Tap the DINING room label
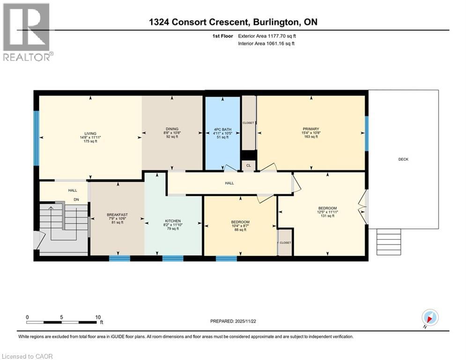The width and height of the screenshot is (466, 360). coord(172,129)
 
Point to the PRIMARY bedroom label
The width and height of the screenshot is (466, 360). coord(311,129)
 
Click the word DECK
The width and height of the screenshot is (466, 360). coord(403,159)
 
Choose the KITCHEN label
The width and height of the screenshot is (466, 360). coord(172,221)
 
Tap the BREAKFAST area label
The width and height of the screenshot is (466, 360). coord(117,215)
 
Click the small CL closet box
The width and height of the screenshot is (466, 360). coord(249,165)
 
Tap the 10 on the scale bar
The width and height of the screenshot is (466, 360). coord(98,317)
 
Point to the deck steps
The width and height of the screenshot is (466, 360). coord(388,241)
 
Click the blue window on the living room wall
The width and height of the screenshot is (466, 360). coord(36,138)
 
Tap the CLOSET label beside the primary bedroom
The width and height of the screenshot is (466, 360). coord(248,123)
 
